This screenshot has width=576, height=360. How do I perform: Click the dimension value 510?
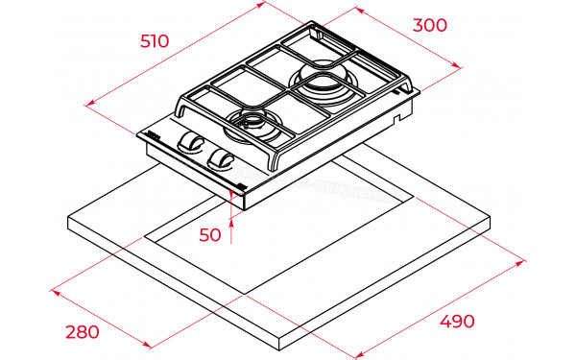click(155, 41)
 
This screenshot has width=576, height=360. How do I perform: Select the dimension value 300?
click(430, 25)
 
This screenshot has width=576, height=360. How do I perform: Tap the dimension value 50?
click(210, 235)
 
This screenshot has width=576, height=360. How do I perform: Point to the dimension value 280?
click(83, 332)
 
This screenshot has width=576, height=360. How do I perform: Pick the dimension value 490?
click(457, 322)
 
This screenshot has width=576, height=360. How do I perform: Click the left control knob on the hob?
click(191, 141)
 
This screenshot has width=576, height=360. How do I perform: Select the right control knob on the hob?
click(221, 158)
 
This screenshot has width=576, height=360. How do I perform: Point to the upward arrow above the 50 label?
click(231, 231)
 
